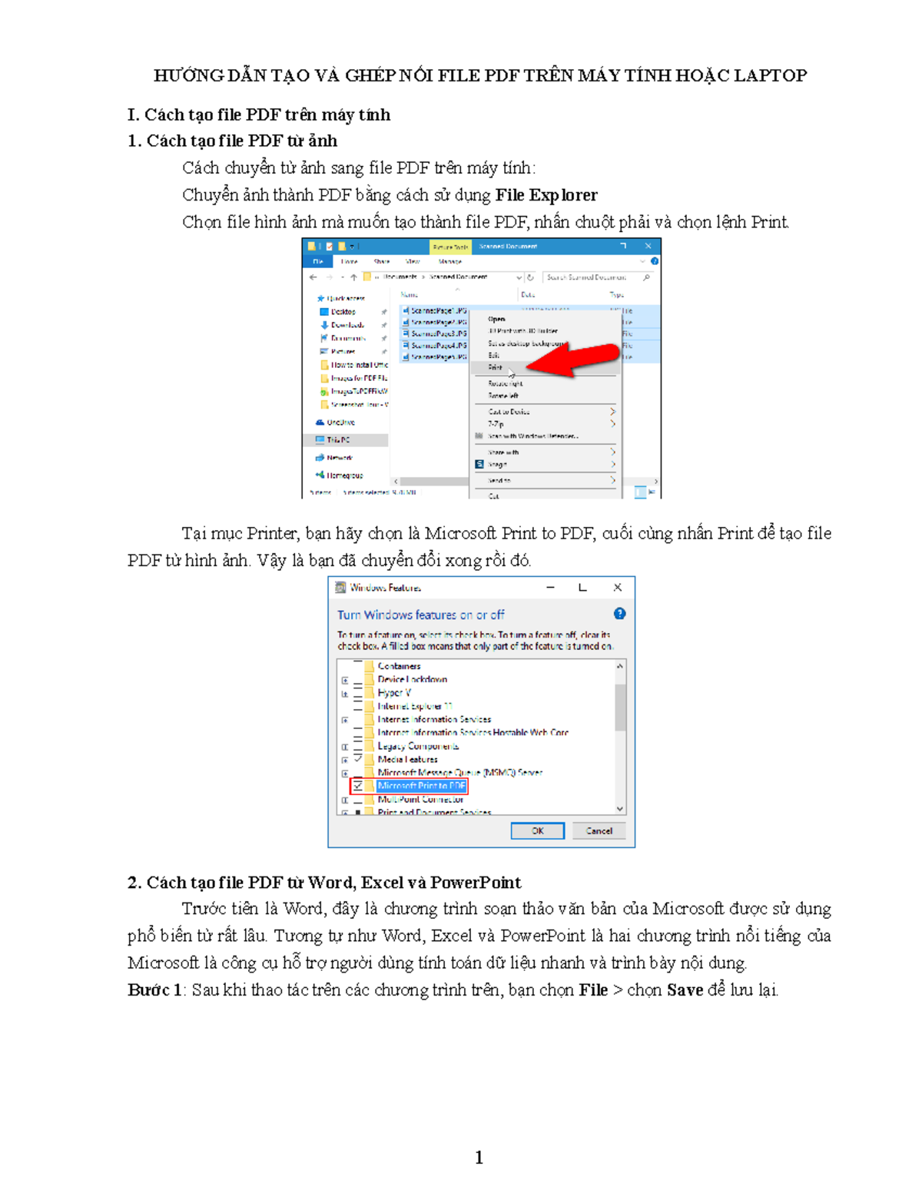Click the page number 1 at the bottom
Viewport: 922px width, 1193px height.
point(479,1157)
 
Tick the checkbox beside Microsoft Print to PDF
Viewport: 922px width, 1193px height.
point(358,786)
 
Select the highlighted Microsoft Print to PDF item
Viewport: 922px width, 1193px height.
point(421,786)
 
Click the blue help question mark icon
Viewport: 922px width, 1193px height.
point(619,614)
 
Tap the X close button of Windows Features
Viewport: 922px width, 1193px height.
point(617,588)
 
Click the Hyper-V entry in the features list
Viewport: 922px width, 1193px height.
point(394,693)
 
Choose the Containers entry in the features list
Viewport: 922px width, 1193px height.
point(399,666)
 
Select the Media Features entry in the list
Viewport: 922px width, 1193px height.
point(407,759)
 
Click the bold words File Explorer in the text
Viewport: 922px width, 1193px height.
point(546,195)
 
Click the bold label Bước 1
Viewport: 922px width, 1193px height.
point(154,990)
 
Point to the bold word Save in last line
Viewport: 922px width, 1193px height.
point(685,990)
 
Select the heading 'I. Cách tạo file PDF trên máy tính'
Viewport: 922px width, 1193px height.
point(259,115)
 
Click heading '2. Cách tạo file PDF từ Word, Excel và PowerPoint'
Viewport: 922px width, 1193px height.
point(324,883)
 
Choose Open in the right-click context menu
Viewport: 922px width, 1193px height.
point(496,319)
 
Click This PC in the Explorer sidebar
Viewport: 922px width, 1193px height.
point(338,440)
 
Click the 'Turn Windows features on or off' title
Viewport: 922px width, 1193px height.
point(420,615)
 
